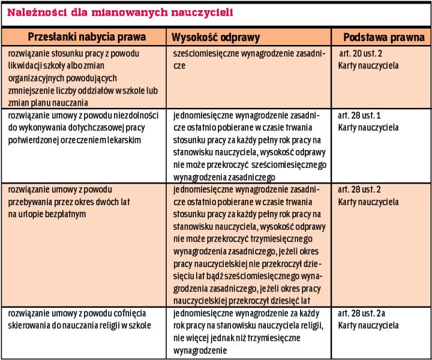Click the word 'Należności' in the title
click(x=34, y=11)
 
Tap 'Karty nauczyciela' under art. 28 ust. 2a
click(x=368, y=326)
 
